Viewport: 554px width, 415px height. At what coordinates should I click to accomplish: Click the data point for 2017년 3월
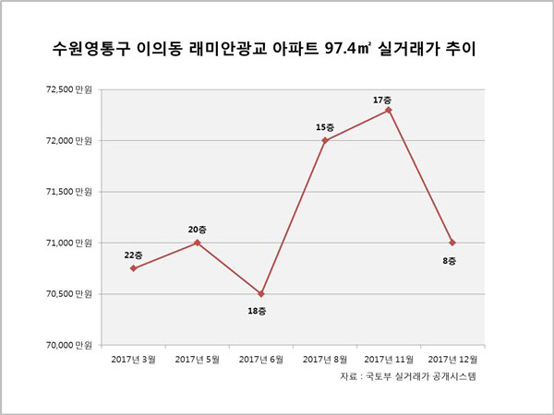(x=133, y=268)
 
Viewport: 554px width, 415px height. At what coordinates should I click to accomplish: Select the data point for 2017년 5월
(x=198, y=243)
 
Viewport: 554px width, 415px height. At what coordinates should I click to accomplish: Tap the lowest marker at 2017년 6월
(x=261, y=293)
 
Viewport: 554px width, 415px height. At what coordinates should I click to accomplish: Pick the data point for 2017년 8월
(x=325, y=140)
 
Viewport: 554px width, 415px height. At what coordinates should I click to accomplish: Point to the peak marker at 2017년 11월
(x=389, y=110)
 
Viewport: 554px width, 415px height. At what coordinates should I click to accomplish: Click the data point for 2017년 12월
(x=452, y=243)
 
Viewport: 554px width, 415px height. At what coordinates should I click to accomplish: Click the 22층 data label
(x=133, y=255)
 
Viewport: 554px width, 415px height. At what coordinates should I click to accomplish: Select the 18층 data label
(x=257, y=311)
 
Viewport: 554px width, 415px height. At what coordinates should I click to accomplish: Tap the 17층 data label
(x=382, y=100)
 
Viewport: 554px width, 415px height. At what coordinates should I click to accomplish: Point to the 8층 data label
(x=450, y=261)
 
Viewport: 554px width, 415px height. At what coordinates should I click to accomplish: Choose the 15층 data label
(x=325, y=127)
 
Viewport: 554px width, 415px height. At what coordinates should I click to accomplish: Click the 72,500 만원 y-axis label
(x=69, y=89)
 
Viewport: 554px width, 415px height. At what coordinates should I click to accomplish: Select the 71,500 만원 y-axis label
(x=69, y=192)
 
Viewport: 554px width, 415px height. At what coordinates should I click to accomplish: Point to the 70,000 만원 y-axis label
(x=69, y=345)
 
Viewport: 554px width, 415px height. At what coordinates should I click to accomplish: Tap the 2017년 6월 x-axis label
(x=261, y=360)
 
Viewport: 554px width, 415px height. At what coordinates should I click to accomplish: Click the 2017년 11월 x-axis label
(x=389, y=360)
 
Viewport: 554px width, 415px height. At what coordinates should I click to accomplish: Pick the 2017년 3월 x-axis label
(x=133, y=360)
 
